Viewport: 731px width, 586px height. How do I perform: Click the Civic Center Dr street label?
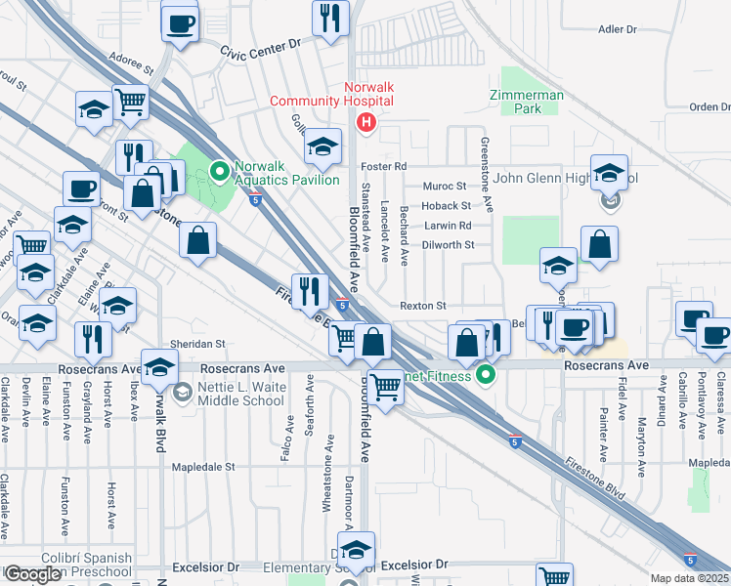(x=260, y=49)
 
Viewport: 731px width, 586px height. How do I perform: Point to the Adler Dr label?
(x=617, y=29)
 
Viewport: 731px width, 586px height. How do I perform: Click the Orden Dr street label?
(x=710, y=107)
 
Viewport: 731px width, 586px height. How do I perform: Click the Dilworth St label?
(x=449, y=245)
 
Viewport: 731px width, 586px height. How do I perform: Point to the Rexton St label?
(x=422, y=306)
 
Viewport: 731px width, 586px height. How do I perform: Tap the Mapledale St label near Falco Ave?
(x=203, y=467)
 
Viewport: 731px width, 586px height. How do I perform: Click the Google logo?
(x=32, y=574)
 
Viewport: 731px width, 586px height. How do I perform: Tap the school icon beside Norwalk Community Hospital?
(x=322, y=147)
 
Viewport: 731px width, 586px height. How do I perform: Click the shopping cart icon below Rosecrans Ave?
(x=386, y=390)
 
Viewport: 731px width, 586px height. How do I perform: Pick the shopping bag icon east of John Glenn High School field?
(x=599, y=245)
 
